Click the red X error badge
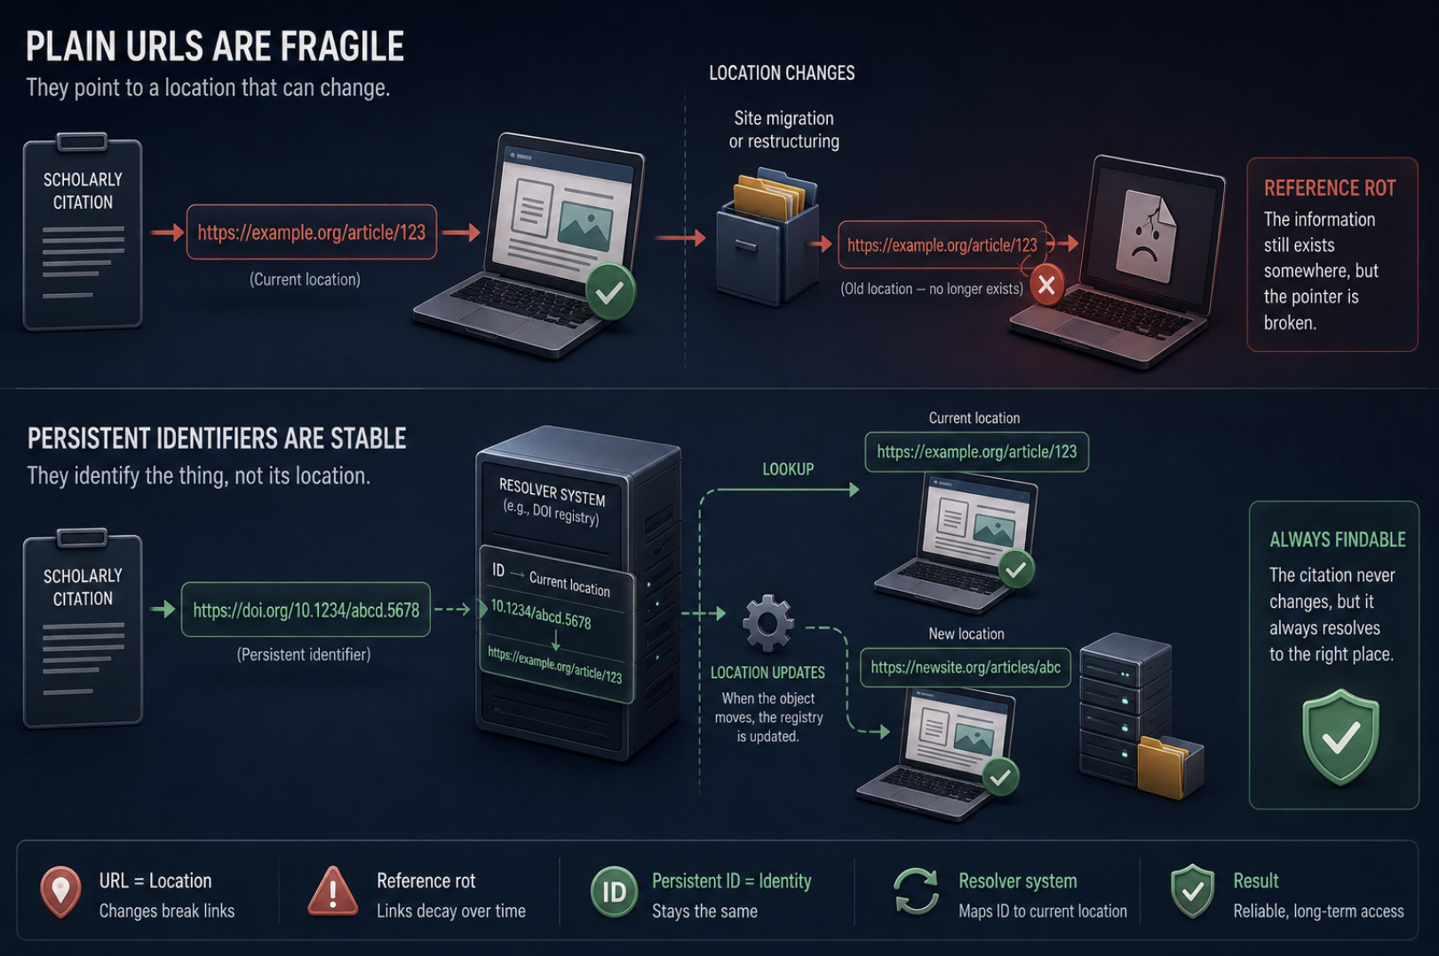point(1046,285)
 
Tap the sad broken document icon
point(1147,235)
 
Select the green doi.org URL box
point(306,609)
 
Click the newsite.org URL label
point(966,667)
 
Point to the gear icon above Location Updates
point(768,623)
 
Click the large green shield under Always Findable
point(1340,737)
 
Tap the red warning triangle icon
point(333,891)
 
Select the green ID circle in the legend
point(614,892)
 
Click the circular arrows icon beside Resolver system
point(916,891)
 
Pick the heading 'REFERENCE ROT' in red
point(1330,188)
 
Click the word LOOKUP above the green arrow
point(788,470)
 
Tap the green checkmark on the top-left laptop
point(610,292)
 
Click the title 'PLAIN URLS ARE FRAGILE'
point(215,46)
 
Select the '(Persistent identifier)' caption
point(304,655)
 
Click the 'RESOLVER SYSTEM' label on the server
point(553,493)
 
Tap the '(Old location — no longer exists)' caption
point(932,289)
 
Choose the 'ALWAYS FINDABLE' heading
point(1338,539)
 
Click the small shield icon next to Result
point(1192,891)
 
